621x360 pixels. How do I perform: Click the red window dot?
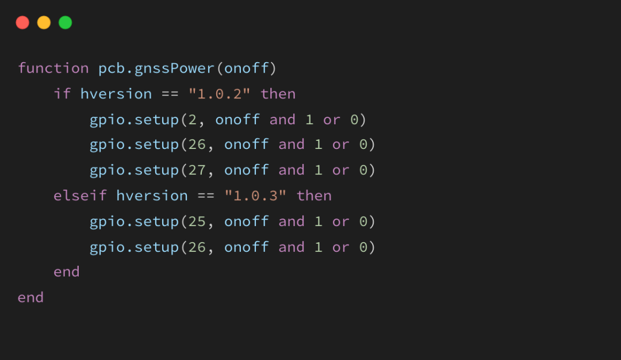22,22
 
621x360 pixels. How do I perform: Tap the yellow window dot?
44,22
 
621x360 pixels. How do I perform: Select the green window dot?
66,22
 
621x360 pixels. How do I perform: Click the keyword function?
53,68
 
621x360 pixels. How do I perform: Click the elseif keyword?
80,196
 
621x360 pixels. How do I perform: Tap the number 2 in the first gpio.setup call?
193,120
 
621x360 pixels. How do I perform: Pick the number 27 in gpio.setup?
197,170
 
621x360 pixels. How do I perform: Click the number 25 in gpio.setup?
197,221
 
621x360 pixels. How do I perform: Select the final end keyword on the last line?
30,297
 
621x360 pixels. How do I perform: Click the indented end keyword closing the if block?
66,272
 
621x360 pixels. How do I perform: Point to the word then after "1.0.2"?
278,94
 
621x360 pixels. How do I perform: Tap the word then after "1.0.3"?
314,196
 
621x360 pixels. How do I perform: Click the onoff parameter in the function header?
246,68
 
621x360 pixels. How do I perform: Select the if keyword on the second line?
62,94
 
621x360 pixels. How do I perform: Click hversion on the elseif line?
152,196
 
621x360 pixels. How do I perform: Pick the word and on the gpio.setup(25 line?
291,221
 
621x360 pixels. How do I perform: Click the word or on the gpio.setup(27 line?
340,170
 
